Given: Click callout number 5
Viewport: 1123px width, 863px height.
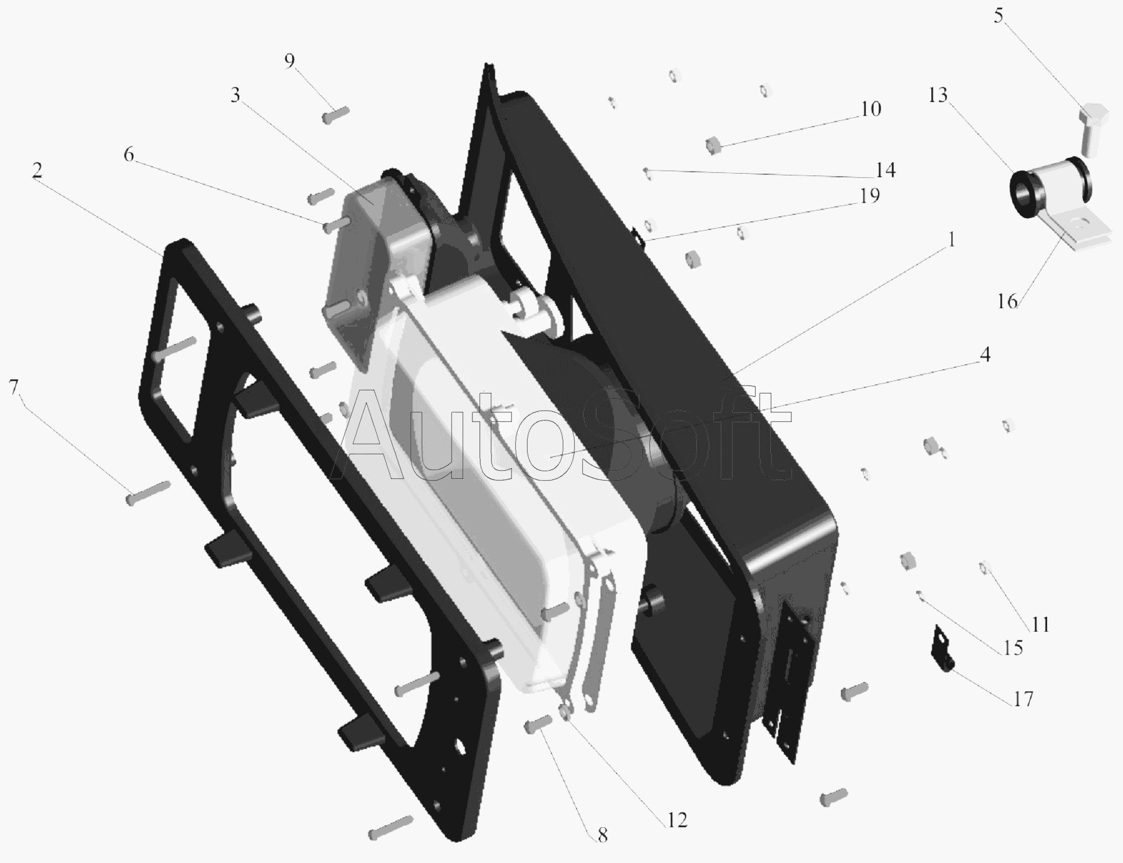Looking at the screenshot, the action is tap(998, 16).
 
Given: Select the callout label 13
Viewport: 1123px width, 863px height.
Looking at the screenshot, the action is tap(938, 95).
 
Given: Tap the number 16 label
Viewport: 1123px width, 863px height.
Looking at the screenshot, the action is tap(1008, 301).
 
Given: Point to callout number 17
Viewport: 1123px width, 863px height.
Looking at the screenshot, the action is tap(1023, 698).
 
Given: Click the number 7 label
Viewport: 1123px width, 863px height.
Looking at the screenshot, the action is tap(14, 388).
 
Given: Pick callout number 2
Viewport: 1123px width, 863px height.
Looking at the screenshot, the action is tap(38, 170).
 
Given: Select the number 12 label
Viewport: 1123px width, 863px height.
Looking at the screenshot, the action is tap(677, 820).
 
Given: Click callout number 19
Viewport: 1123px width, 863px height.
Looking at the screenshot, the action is tap(870, 196).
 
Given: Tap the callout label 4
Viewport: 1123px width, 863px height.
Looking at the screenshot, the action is tap(985, 355).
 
